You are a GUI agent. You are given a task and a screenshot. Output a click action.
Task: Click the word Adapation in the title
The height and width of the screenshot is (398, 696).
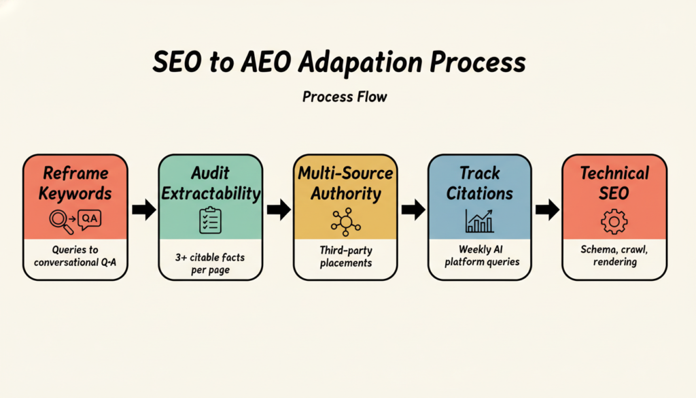pos(360,62)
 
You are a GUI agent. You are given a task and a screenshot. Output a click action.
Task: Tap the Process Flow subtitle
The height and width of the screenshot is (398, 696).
pos(345,97)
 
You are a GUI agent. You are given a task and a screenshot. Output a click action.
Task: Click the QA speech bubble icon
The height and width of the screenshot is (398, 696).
pos(89,220)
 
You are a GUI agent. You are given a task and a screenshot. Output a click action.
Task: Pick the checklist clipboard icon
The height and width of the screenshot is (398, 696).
pos(211,220)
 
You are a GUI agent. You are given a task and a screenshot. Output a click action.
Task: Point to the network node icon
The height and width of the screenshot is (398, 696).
pos(345,222)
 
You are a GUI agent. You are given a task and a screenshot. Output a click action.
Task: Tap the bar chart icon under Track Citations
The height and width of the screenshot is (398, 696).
pos(479,220)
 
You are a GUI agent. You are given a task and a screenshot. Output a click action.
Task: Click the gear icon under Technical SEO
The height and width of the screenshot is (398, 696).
pos(614,222)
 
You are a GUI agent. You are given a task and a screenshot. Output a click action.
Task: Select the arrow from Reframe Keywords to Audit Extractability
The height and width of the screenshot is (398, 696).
pos(144,210)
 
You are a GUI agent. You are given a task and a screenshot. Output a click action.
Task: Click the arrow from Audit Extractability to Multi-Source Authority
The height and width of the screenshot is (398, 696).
pos(279,210)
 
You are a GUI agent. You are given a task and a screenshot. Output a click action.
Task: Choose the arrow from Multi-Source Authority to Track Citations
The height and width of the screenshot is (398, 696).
pos(413,210)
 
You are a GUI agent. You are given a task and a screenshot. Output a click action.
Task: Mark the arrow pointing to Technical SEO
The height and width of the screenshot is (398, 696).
pos(547,210)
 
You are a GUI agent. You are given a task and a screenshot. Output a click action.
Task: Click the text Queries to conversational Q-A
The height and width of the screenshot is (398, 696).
pos(75,256)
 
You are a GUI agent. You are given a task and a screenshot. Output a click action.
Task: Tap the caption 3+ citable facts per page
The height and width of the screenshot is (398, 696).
pos(210,263)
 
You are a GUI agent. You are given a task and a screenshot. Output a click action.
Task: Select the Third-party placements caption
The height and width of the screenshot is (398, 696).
pos(346,256)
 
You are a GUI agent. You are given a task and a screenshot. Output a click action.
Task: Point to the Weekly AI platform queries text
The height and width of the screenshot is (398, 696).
pos(482,256)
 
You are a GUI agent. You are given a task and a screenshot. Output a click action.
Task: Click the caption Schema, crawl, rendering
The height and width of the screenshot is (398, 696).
pos(614,255)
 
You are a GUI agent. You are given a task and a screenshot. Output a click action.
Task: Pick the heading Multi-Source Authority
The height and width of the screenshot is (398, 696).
pos(345,184)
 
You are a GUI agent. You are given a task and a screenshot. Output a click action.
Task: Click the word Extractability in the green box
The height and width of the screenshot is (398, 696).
pos(211,194)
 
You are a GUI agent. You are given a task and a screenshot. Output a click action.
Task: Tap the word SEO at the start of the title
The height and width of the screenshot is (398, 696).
pos(177,62)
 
